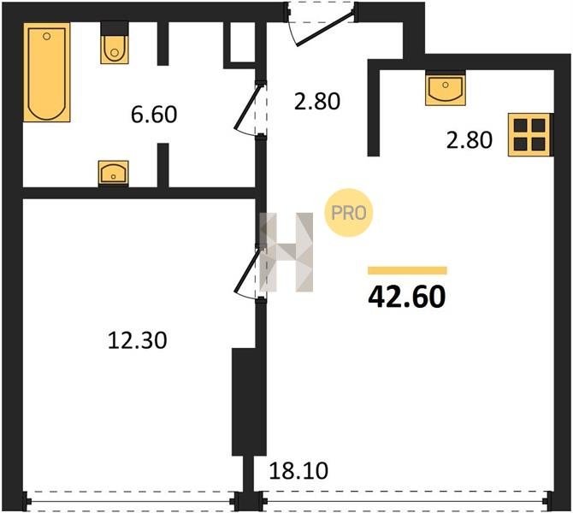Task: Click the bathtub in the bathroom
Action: (47, 72)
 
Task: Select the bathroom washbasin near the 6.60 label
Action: (113, 174)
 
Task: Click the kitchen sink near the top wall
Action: (446, 88)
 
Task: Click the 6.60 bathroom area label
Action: (154, 115)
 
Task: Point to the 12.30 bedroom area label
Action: (138, 340)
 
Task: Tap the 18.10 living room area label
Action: (298, 470)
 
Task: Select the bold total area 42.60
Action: (407, 297)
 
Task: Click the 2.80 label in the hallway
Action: (317, 101)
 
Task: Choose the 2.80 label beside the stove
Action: (470, 140)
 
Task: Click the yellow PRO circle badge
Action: (348, 213)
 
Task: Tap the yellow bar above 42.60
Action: (407, 270)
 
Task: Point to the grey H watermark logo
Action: (286, 252)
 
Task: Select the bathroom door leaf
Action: (247, 107)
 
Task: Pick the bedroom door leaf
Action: (247, 270)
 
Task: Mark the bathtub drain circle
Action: (46, 36)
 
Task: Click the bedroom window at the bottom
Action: (132, 501)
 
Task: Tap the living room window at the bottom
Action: (405, 501)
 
